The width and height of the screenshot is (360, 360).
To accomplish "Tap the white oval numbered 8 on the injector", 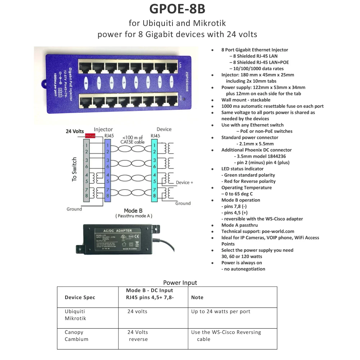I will click(x=86, y=83).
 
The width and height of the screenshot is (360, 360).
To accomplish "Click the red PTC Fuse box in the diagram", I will click(x=90, y=136).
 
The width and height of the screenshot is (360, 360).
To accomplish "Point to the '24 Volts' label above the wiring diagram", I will click(x=75, y=131).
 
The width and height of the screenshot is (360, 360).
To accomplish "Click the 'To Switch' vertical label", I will click(x=74, y=169).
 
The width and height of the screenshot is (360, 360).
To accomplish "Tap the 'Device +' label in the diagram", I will click(x=184, y=183).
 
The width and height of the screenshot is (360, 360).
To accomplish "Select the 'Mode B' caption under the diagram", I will click(x=133, y=211).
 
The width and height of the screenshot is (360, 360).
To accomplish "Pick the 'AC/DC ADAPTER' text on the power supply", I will click(x=118, y=230).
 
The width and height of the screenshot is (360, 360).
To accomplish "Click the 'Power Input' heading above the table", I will click(x=180, y=283).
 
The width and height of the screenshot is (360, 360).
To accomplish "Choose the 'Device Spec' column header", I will click(x=80, y=297).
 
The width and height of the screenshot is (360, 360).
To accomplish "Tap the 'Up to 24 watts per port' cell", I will click(x=221, y=311).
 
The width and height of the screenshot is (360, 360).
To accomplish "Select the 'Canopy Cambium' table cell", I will click(x=76, y=336).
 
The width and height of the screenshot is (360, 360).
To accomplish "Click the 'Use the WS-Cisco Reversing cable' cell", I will click(x=226, y=336).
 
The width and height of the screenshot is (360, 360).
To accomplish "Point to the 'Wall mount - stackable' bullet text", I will click(x=246, y=100).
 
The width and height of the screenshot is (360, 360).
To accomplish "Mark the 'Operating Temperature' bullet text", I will click(x=247, y=188).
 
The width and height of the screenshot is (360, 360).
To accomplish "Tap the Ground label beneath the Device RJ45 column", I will click(x=183, y=203).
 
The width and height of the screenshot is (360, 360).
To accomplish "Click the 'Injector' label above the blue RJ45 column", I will click(x=103, y=129).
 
